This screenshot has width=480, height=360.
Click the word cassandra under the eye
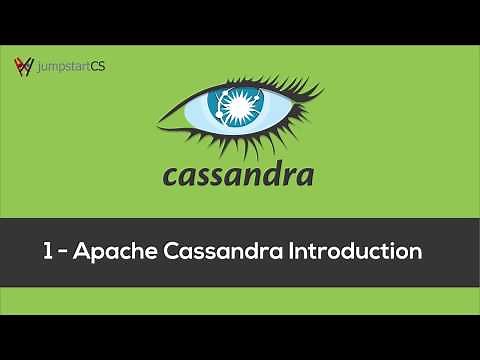(238, 176)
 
